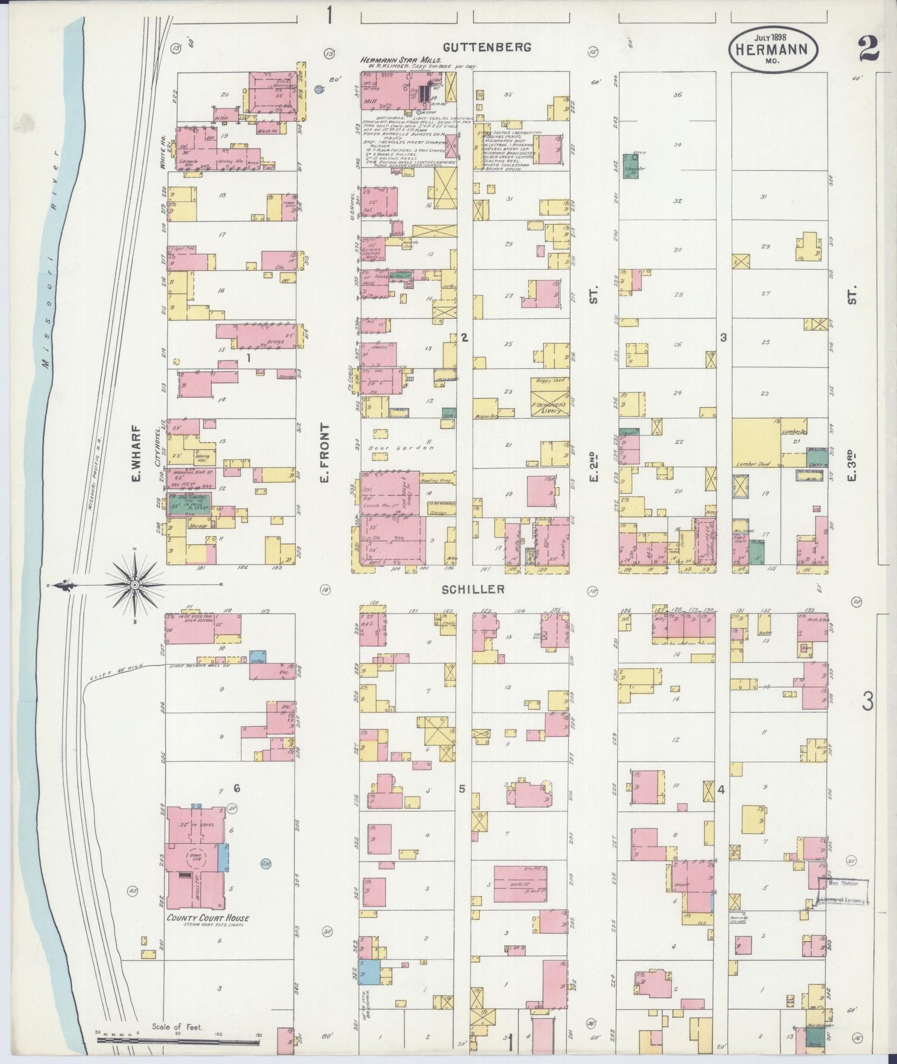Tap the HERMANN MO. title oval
772,49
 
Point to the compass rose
135,585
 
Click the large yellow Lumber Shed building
757,442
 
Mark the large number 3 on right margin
867,701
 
